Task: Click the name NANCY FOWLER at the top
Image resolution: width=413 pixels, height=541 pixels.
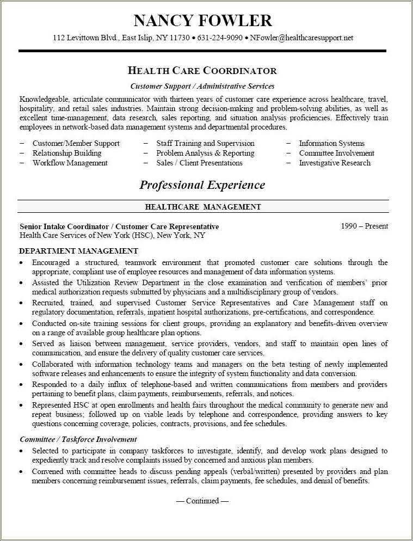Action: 203,21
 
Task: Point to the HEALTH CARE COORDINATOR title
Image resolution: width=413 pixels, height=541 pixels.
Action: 202,71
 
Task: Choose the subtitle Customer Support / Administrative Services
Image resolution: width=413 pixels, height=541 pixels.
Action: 202,86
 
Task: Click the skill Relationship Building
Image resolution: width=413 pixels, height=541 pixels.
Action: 67,153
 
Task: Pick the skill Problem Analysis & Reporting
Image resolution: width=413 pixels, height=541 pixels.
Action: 205,153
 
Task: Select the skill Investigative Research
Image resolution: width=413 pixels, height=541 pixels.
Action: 335,163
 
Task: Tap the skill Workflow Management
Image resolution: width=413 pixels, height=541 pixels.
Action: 70,163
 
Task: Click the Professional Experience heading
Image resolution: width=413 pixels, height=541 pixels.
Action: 202,185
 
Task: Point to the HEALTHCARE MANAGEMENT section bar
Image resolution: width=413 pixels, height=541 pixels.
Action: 203,207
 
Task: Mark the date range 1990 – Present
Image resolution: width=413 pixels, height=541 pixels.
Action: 365,226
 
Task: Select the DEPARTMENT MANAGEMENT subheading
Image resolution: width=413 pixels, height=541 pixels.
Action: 78,251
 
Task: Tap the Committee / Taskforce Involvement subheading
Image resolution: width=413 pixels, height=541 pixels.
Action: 78,439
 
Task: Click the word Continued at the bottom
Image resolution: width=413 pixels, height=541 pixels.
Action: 202,501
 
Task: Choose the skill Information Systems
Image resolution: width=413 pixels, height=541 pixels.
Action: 331,143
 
